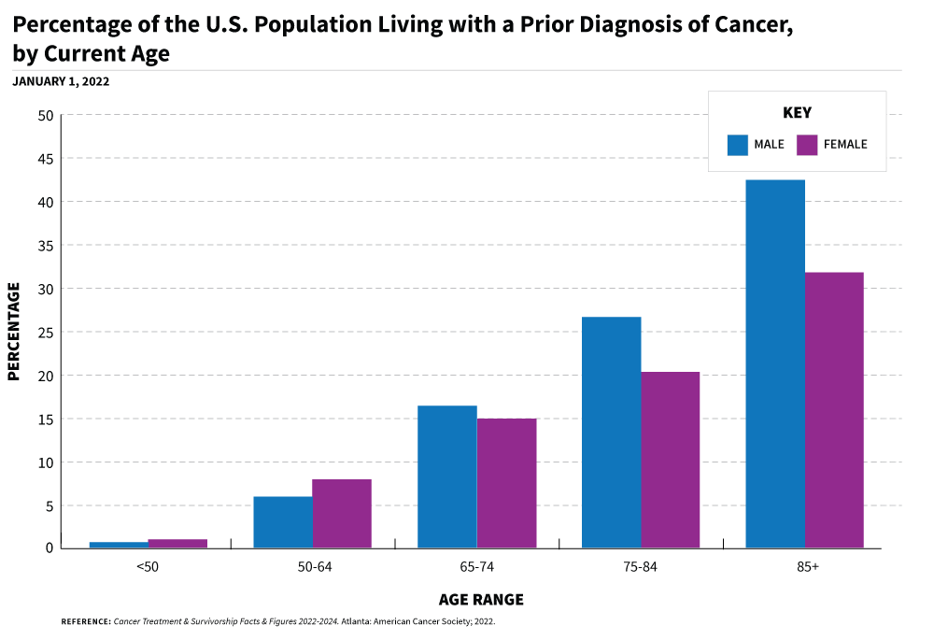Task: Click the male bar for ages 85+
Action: point(775,363)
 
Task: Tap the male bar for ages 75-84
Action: point(611,432)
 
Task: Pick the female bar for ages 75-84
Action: point(670,460)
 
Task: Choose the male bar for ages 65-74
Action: point(446,476)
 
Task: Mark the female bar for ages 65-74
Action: point(506,483)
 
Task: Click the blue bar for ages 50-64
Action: point(283,521)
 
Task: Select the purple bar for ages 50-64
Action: point(342,513)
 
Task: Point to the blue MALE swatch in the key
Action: point(738,145)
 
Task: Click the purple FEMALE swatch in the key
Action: point(807,145)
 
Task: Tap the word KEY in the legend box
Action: point(797,113)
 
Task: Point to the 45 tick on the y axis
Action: point(45,159)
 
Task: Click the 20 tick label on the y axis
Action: point(45,376)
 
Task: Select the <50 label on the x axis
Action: point(149,567)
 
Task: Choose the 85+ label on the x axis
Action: point(805,567)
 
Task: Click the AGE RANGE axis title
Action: point(481,600)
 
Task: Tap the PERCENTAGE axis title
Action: point(14,332)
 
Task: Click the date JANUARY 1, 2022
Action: point(61,81)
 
